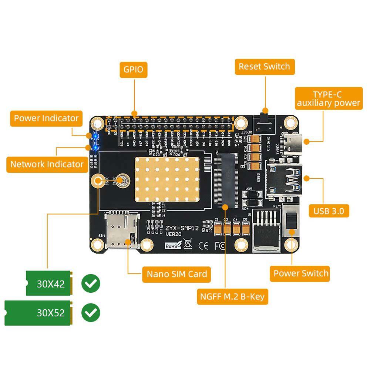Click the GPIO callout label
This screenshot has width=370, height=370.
(x=134, y=70)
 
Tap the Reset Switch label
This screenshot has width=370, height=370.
(x=265, y=67)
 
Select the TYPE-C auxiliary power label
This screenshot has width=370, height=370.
(x=329, y=98)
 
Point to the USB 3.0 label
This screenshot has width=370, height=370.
(x=329, y=211)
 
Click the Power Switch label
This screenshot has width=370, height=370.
(x=301, y=273)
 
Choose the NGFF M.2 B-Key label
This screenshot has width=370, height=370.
(x=232, y=296)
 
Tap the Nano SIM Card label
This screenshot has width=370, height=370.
(x=177, y=274)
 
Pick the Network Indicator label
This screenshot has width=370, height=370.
(x=47, y=164)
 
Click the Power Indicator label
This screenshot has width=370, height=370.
(x=46, y=118)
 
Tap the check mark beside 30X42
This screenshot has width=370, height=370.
(x=91, y=284)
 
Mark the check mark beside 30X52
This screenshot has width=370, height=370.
(x=91, y=313)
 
